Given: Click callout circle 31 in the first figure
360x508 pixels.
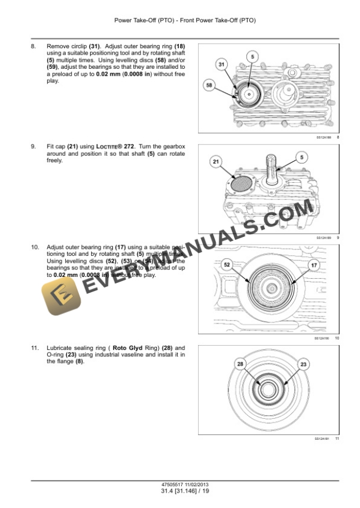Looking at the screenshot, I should click(x=222, y=63).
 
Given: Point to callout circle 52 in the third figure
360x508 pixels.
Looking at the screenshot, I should click(x=227, y=265).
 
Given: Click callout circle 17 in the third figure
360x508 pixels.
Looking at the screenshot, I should click(x=314, y=266).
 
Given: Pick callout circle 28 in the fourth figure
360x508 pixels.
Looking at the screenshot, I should click(x=240, y=365).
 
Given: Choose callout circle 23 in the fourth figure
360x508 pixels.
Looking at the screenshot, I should click(x=304, y=365).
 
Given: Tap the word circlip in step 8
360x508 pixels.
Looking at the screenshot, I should click(x=78, y=46).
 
